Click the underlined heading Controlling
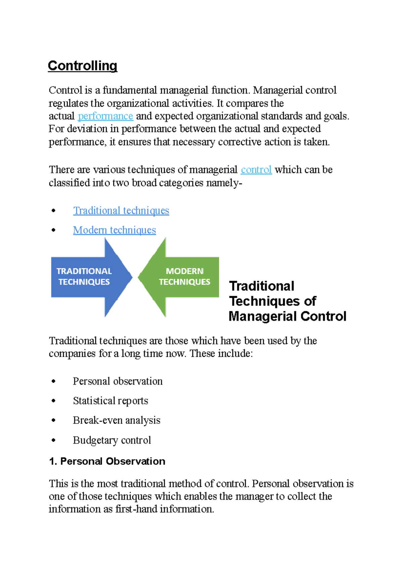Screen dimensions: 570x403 [x=82, y=66]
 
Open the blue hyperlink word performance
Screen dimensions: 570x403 [x=105, y=116]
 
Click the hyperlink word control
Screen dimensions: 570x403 [x=256, y=170]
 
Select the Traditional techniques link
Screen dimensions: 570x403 [x=121, y=211]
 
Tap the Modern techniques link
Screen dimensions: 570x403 [x=115, y=230]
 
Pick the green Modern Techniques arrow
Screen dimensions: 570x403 [x=181, y=277]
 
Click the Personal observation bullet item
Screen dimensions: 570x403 [x=118, y=381]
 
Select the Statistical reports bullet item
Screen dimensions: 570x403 [x=110, y=401]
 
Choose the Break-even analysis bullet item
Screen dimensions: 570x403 [x=117, y=420]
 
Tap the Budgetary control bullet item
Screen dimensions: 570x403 [x=112, y=440]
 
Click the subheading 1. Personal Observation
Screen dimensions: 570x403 [x=107, y=461]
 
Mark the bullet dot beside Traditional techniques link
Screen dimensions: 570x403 [x=53, y=211]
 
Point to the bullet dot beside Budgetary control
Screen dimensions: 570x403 [x=53, y=440]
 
